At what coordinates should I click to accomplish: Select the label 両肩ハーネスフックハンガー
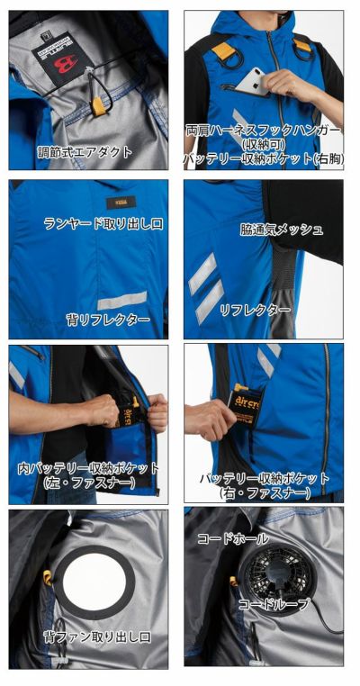tap(264, 130)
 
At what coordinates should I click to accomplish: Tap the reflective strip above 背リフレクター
tap(121, 300)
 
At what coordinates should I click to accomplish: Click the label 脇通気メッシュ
tap(282, 229)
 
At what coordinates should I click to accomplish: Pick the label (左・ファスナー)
tap(88, 483)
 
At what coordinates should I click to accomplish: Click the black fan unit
tap(268, 571)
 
